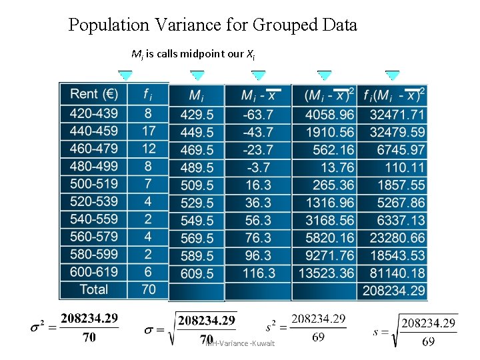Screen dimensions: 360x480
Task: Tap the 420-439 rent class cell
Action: (93, 114)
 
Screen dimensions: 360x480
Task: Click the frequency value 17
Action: (149, 131)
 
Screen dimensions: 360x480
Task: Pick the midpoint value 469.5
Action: (197, 150)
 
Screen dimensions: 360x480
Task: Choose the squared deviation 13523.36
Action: (327, 273)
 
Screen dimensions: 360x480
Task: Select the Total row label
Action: (93, 289)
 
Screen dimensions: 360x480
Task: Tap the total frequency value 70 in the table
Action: (149, 289)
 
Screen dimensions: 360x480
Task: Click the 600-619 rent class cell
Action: (93, 272)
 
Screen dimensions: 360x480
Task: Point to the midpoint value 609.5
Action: (197, 273)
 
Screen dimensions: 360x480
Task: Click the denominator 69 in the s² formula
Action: (318, 337)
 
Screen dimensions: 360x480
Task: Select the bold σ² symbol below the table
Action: (38, 328)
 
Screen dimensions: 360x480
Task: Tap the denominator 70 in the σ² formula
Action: (89, 337)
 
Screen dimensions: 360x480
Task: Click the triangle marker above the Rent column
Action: (125, 75)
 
